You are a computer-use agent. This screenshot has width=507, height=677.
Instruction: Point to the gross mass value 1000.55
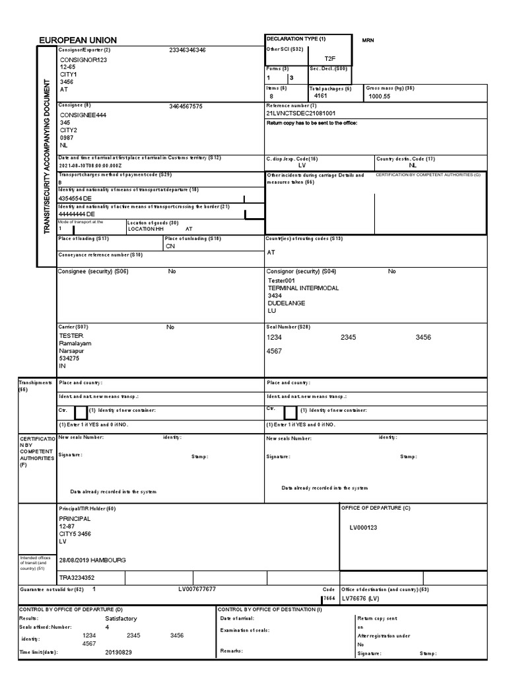point(380,96)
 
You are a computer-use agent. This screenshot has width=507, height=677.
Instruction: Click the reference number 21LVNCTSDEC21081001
point(300,114)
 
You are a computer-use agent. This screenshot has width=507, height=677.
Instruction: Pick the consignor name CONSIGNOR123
point(83,60)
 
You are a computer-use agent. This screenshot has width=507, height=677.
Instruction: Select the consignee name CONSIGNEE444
point(83,114)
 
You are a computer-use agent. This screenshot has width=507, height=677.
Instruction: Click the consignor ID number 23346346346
point(187,50)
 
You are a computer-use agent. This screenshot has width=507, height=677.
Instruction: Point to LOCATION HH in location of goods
point(145,229)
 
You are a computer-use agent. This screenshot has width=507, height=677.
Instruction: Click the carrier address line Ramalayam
point(75,344)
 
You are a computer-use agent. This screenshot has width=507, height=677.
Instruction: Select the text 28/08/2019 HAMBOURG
point(92,560)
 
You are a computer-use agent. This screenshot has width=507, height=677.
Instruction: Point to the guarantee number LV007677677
point(197,588)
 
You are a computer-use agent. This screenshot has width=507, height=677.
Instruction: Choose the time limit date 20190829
point(119,652)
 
